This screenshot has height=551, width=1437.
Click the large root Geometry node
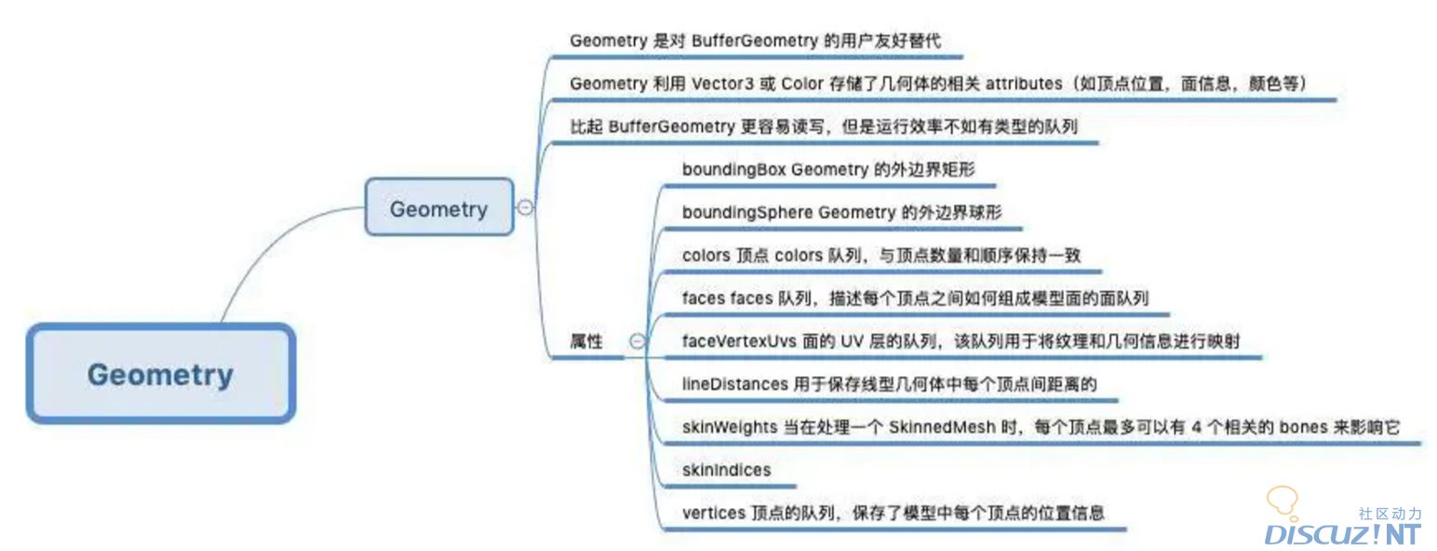160,374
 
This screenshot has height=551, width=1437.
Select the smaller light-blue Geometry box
438,208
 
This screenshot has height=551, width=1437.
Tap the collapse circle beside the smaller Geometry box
525,208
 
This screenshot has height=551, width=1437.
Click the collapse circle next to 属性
637,342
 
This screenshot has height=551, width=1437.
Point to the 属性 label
586,342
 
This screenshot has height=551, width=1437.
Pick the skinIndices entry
726,470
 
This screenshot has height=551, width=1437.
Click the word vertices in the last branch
713,513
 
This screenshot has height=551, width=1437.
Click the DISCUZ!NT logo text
1342,534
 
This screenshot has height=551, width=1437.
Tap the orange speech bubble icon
1283,501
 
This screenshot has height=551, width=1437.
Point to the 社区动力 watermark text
1390,514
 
